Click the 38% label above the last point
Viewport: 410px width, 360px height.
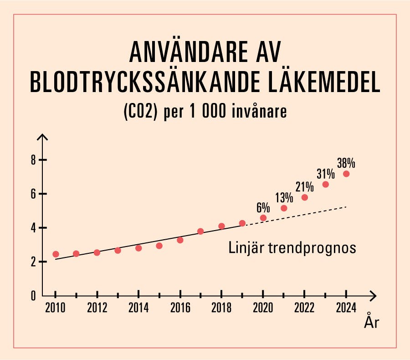[346, 163]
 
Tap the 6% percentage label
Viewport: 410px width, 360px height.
[263, 207]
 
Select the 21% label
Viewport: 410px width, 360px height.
[304, 187]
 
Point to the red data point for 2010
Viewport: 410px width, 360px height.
[56, 254]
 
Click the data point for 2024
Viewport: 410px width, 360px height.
[346, 174]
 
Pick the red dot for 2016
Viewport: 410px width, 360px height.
[180, 240]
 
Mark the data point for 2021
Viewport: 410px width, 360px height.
[284, 208]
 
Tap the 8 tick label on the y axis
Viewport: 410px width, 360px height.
[33, 160]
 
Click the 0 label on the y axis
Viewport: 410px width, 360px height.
[33, 296]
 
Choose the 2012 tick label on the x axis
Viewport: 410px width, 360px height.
[97, 309]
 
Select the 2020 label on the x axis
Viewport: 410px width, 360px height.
[263, 309]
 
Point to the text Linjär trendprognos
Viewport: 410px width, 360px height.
[292, 249]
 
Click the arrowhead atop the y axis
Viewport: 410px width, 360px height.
[42, 137]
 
